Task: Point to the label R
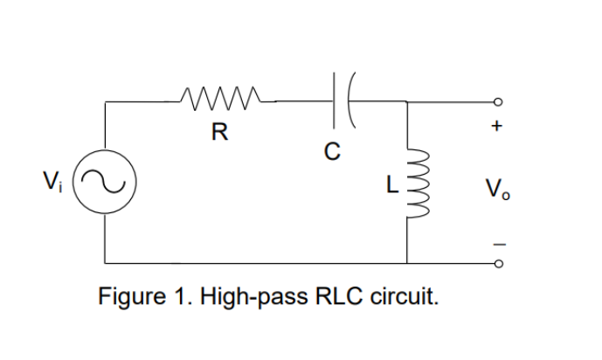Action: coord(219,133)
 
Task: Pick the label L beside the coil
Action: coord(393,184)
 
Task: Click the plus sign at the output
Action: coord(496,128)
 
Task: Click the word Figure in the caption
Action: coord(128,296)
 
